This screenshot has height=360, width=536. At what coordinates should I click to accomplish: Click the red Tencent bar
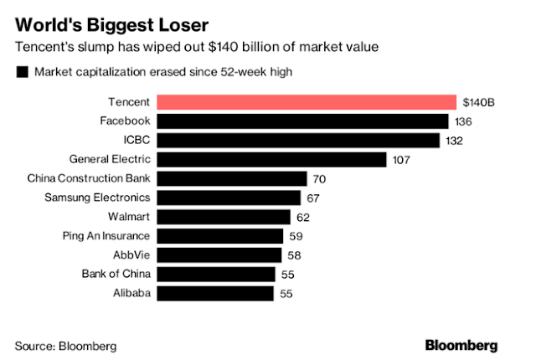pyautogui.click(x=305, y=102)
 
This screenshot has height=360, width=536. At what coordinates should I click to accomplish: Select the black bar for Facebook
pyautogui.click(x=302, y=121)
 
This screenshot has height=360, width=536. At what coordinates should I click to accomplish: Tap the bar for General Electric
pyautogui.click(x=271, y=159)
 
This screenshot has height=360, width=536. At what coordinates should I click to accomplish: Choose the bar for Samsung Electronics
pyautogui.click(x=229, y=198)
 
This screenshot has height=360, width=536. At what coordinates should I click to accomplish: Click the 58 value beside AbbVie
pyautogui.click(x=294, y=255)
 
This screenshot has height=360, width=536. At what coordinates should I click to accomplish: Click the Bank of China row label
pyautogui.click(x=116, y=274)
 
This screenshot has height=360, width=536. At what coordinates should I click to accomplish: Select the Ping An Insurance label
pyautogui.click(x=106, y=236)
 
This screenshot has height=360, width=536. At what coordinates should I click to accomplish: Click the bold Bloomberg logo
pyautogui.click(x=462, y=345)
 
